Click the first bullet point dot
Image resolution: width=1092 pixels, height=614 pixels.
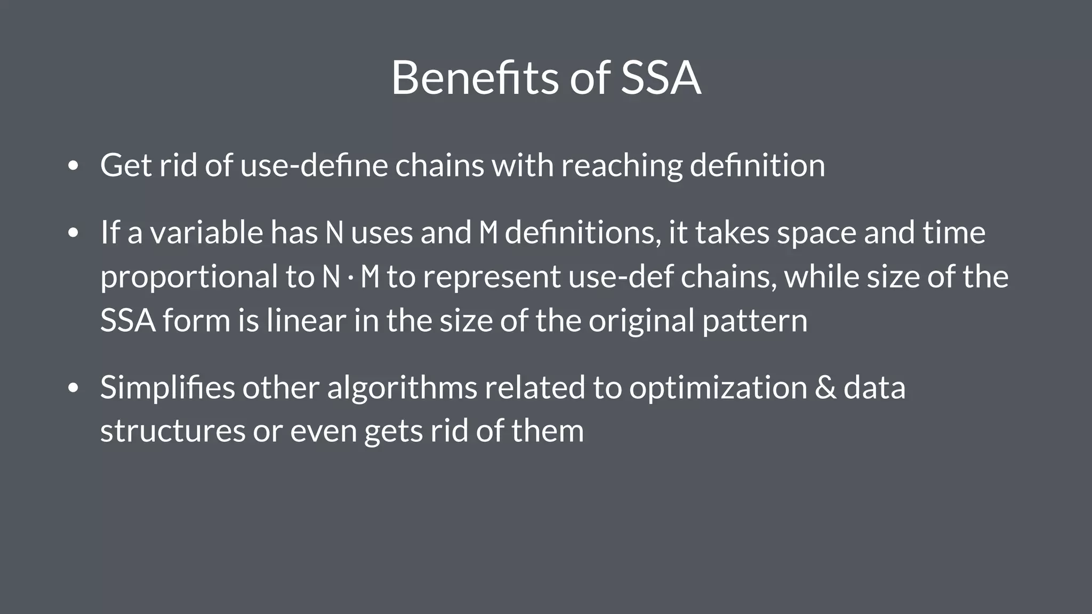point(74,166)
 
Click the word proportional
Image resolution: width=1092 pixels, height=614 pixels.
point(189,277)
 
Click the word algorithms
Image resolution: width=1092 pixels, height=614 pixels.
point(402,387)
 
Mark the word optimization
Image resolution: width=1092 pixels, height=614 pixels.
point(718,387)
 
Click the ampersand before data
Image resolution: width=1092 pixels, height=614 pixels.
point(825,387)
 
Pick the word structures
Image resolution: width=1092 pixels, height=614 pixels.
point(173,431)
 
